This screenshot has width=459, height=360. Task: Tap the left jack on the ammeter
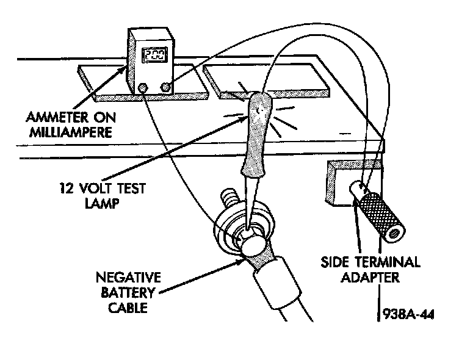tap(143, 88)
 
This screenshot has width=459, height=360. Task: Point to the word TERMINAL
tap(389, 262)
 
